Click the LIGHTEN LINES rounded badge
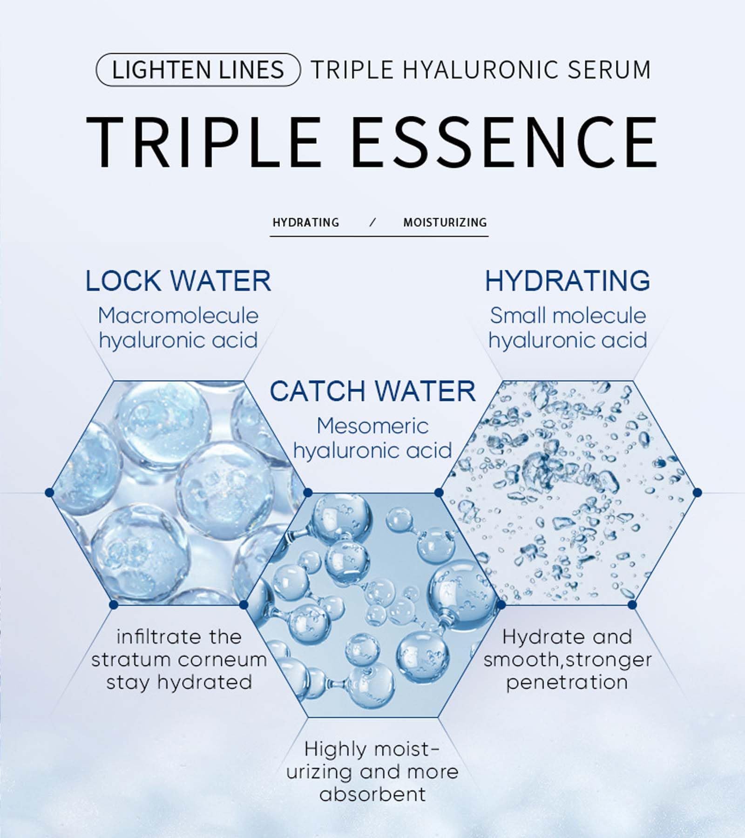(x=198, y=70)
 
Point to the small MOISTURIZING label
(x=445, y=223)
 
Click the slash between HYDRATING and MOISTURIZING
(x=372, y=223)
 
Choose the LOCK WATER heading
(x=178, y=281)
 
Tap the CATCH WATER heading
(x=372, y=391)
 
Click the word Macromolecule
(x=178, y=316)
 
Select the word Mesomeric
(x=372, y=426)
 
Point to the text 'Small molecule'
(x=568, y=316)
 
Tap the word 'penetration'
(x=567, y=683)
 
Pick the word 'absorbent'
(x=372, y=794)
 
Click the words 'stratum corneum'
(x=179, y=660)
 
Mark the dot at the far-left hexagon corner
(x=49, y=493)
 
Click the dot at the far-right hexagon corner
(x=697, y=493)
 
